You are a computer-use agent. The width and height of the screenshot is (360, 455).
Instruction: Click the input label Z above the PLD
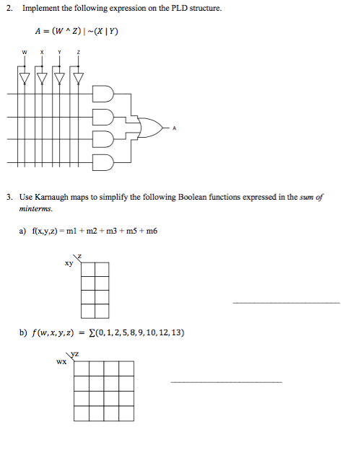[x=79, y=53]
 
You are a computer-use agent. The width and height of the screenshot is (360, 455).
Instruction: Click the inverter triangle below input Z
[x=79, y=76]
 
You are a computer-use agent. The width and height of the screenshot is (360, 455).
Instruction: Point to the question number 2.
[x=9, y=9]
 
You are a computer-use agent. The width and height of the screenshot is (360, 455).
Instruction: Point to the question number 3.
[x=9, y=196]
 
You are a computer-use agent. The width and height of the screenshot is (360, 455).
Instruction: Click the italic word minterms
[x=36, y=208]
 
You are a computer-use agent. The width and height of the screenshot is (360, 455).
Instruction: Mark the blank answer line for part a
[x=286, y=302]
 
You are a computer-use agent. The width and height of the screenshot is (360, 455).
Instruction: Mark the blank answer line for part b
[x=226, y=381]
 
